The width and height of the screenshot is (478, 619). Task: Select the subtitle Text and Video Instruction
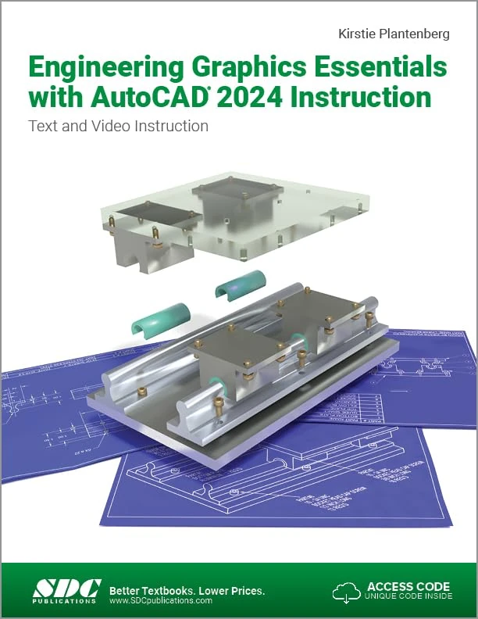click(118, 125)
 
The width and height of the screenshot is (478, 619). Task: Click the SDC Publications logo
click(66, 590)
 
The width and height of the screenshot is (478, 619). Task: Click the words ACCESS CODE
click(408, 585)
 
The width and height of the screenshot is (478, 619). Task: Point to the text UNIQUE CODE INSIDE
click(407, 597)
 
